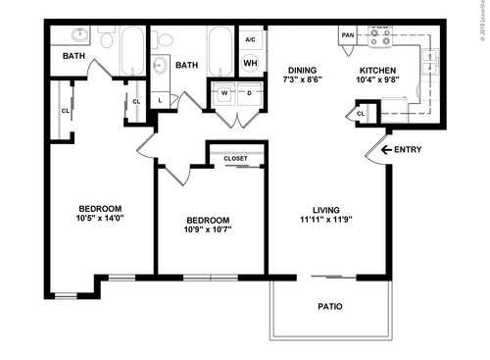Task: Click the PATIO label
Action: [330, 307]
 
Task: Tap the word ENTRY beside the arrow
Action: [408, 150]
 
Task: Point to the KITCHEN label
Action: [377, 71]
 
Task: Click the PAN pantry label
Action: [346, 36]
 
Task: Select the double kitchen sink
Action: [430, 62]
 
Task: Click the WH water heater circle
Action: [250, 64]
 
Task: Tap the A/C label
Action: [250, 40]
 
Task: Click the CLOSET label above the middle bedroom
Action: [235, 157]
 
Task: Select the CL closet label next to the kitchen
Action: [361, 114]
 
